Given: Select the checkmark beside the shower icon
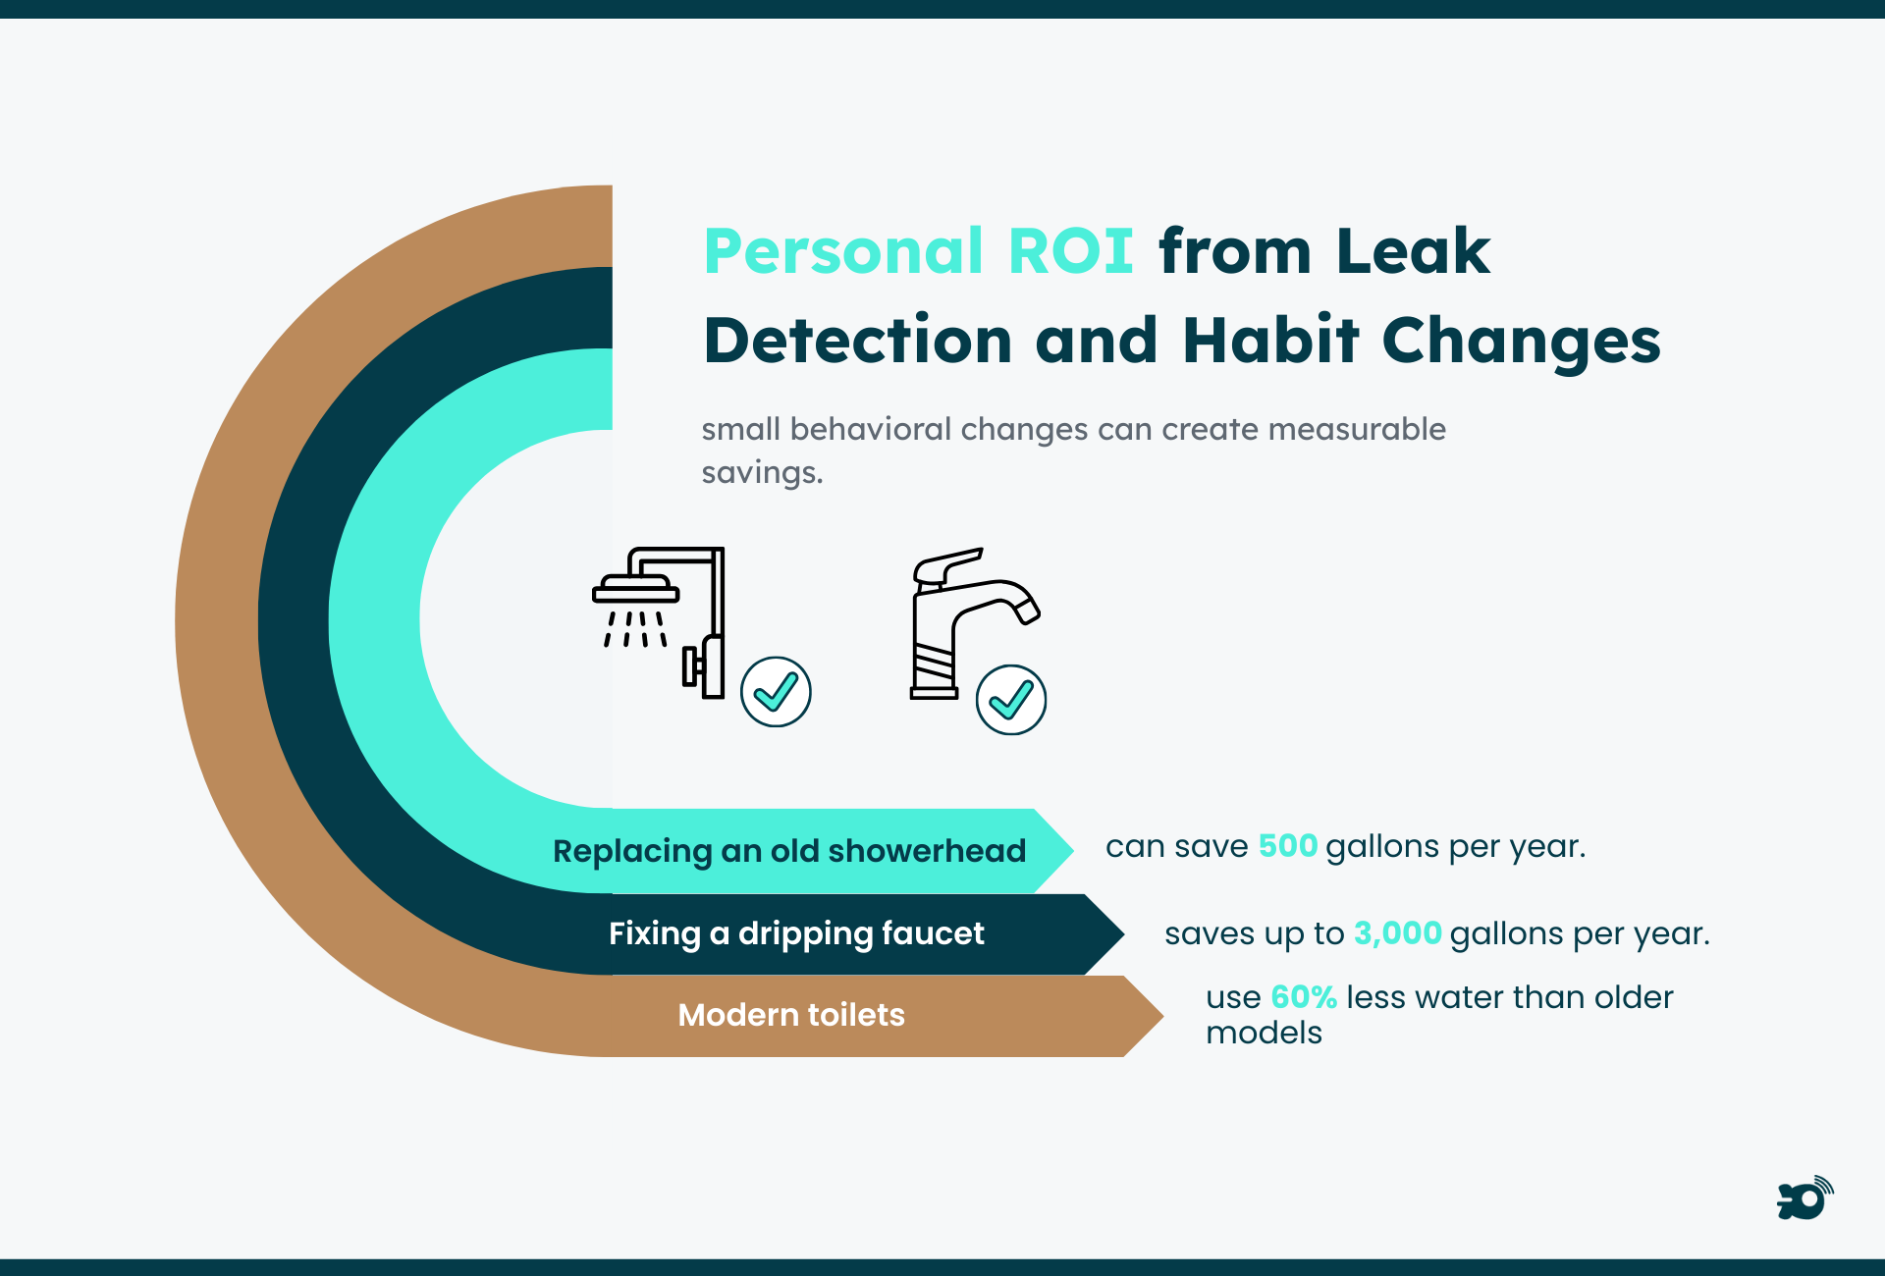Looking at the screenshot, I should (x=776, y=692).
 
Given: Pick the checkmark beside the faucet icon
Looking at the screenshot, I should (x=1010, y=700).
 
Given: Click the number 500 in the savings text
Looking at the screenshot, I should (x=1287, y=846).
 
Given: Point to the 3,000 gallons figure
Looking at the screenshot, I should (x=1397, y=933).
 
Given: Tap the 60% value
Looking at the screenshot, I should (x=1303, y=997).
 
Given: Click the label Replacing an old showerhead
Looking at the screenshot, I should (x=788, y=851).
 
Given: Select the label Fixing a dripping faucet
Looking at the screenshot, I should (x=795, y=933).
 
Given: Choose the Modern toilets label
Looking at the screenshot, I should (x=791, y=1015).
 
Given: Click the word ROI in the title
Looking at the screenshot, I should (x=1070, y=251).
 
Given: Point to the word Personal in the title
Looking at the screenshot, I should (x=843, y=251).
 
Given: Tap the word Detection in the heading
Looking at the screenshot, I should (x=858, y=341).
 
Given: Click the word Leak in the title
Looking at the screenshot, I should (x=1413, y=251).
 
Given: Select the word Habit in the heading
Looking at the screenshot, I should (x=1271, y=341).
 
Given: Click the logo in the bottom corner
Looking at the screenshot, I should (x=1804, y=1198).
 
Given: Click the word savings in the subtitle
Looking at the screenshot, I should (x=762, y=473).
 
